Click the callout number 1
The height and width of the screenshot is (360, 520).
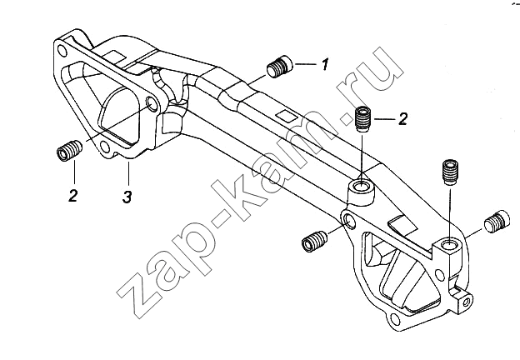click(x=325, y=64)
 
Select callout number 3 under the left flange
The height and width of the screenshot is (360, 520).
click(x=127, y=197)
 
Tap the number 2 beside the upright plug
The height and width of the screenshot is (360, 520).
click(x=402, y=118)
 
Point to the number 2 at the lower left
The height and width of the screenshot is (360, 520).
click(x=73, y=195)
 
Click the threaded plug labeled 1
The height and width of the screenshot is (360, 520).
click(x=279, y=66)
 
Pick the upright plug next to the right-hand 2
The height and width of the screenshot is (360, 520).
click(x=364, y=119)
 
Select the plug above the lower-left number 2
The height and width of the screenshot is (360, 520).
click(x=69, y=151)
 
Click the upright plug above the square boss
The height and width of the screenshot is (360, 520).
click(x=450, y=172)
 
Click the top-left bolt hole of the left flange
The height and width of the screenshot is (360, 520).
click(x=62, y=50)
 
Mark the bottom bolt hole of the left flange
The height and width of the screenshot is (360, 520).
click(x=105, y=146)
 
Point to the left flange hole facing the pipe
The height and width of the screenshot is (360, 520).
click(x=152, y=105)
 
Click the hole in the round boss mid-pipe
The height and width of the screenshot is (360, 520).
click(x=360, y=187)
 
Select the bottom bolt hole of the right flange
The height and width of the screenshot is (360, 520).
click(x=395, y=320)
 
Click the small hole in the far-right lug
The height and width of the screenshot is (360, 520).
click(x=466, y=302)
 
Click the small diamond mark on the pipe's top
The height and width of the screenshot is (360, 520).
click(x=287, y=114)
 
